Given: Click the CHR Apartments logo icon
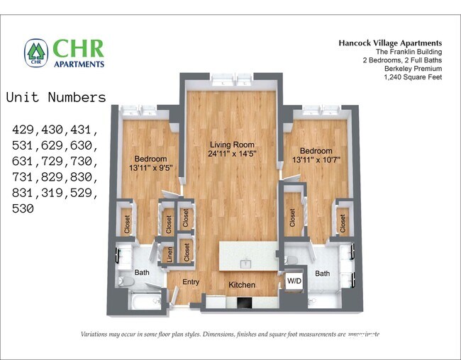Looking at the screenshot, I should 36,52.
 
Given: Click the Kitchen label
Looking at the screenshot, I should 241,285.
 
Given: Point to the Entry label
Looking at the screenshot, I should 191,282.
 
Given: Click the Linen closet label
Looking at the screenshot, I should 169,254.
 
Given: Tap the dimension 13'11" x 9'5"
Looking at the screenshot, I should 150,168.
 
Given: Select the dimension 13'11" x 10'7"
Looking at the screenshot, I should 315,161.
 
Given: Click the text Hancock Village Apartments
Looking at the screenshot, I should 389,43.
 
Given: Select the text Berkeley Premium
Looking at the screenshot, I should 413,69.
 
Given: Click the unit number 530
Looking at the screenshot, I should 23,209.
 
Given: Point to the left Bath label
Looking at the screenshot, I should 142,272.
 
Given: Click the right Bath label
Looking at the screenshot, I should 323,274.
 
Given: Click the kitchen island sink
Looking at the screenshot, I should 245,263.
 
